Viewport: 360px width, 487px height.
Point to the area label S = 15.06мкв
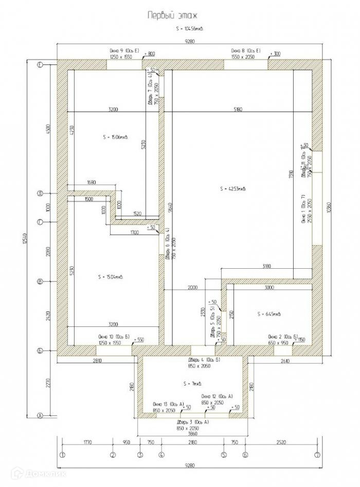(x=115, y=137)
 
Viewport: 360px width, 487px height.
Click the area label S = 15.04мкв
(x=113, y=276)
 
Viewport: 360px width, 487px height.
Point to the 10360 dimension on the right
(x=328, y=208)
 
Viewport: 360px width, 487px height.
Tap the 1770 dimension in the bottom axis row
(x=86, y=442)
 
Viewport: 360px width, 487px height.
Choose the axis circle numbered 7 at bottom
(x=318, y=455)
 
